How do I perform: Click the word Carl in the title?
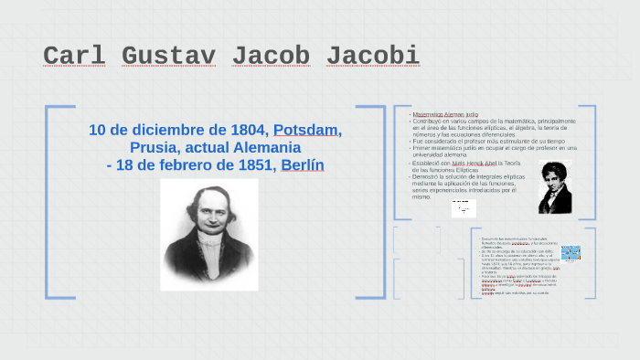tap(73, 57)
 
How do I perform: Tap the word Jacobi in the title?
tap(372, 57)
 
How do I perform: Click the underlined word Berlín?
tap(303, 164)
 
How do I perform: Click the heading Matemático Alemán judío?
tap(444, 114)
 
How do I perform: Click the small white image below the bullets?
tap(464, 208)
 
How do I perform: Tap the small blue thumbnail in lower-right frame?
tap(571, 253)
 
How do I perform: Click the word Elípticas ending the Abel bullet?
tap(473, 170)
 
